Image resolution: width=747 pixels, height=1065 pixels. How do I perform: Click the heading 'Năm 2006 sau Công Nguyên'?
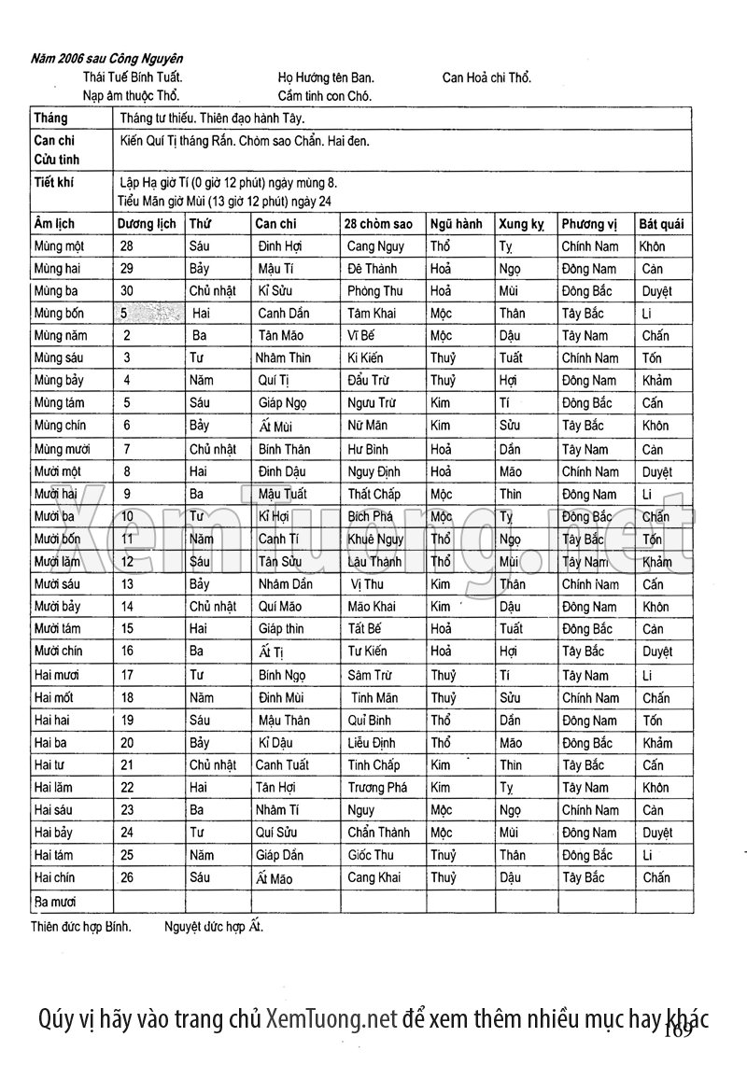[106, 59]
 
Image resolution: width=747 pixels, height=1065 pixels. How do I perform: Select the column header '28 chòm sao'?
[378, 224]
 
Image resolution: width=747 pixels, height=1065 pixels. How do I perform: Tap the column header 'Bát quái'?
[661, 224]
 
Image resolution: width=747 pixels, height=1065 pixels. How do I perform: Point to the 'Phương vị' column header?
[590, 224]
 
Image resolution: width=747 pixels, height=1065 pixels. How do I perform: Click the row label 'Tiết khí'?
[53, 183]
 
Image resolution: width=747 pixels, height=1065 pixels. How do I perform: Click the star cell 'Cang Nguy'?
[375, 246]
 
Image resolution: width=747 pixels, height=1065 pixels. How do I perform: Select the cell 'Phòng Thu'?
[374, 291]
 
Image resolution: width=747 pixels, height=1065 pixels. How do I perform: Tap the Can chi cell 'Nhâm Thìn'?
[284, 358]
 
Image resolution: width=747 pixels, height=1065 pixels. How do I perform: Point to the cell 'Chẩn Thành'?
[378, 833]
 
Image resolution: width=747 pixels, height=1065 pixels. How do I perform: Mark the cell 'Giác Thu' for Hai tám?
[371, 855]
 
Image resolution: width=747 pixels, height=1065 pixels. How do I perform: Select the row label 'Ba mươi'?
[55, 902]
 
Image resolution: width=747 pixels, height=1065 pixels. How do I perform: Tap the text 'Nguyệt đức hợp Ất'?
[220, 928]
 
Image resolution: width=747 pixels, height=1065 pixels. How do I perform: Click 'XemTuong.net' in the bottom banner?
[331, 1018]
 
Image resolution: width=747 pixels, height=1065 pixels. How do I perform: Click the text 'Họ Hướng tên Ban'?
[326, 78]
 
